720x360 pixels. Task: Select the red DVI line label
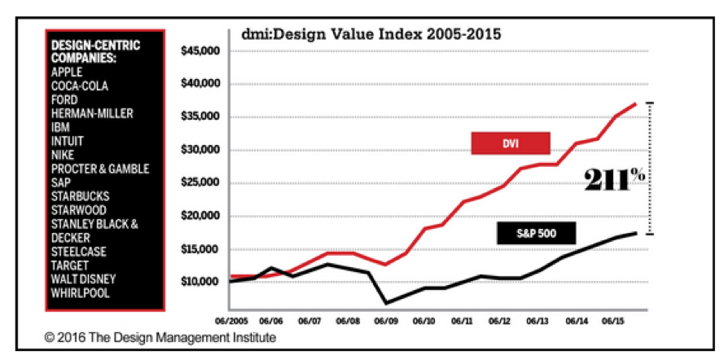click(511, 143)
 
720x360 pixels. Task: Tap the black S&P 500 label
click(536, 235)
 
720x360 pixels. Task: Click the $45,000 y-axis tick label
click(199, 51)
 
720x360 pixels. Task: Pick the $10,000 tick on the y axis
click(199, 282)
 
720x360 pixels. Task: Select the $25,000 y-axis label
click(199, 183)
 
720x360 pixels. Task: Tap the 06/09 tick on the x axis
click(386, 320)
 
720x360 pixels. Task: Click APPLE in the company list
click(67, 72)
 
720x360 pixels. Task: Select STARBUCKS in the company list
click(80, 196)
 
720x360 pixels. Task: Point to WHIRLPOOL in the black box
click(80, 293)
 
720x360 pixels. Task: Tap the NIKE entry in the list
click(64, 155)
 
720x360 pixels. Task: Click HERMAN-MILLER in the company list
click(91, 113)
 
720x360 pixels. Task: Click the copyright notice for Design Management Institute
click(160, 337)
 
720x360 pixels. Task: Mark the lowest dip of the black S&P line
click(386, 304)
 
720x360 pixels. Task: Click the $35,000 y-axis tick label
click(199, 117)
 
